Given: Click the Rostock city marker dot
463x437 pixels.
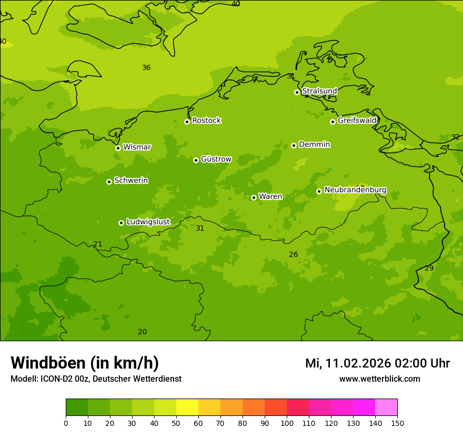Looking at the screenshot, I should pyautogui.click(x=187, y=122).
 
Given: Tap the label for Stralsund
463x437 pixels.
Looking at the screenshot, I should pyautogui.click(x=319, y=91).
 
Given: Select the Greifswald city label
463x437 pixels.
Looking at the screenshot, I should pyautogui.click(x=357, y=121).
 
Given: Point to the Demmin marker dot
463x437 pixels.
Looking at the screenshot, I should pyautogui.click(x=294, y=145).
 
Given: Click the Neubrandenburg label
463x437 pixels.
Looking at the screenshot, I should pyautogui.click(x=355, y=190).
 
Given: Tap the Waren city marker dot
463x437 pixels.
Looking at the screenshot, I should pyautogui.click(x=254, y=197).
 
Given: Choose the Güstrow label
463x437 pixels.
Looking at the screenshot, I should pyautogui.click(x=216, y=159).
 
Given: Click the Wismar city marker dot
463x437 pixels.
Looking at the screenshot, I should pyautogui.click(x=118, y=148).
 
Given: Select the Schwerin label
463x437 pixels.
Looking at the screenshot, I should pyautogui.click(x=131, y=181).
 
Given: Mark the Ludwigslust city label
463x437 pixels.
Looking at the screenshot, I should pyautogui.click(x=148, y=222).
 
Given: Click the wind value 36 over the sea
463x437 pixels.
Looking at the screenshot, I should pyautogui.click(x=146, y=68).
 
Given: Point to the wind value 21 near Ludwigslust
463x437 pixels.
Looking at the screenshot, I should pyautogui.click(x=97, y=244).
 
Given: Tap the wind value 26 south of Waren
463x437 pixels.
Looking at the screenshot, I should pyautogui.click(x=293, y=255).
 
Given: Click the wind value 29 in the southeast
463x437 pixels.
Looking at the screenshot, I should pyautogui.click(x=429, y=269).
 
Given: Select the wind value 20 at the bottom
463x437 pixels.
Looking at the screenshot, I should pyautogui.click(x=142, y=332).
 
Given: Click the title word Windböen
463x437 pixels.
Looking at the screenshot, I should pyautogui.click(x=48, y=363).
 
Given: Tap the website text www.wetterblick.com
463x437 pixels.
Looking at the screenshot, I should pyautogui.click(x=379, y=379).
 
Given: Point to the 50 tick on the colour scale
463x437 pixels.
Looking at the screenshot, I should pyautogui.click(x=176, y=423).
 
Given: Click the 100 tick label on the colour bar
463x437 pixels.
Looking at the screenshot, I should pyautogui.click(x=287, y=423).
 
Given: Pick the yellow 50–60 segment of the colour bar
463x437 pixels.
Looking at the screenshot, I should pyautogui.click(x=187, y=407).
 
